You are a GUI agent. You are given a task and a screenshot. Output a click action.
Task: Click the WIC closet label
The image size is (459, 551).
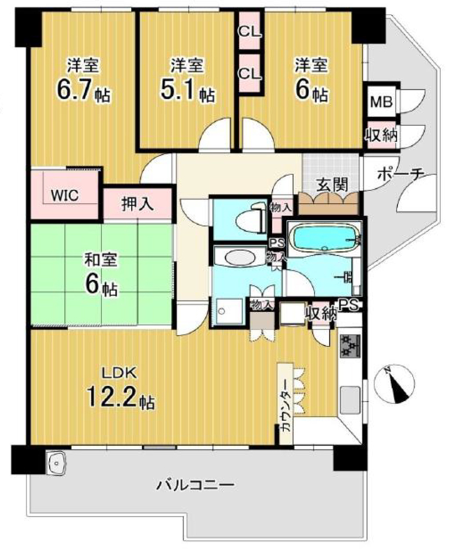pyautogui.click(x=64, y=196)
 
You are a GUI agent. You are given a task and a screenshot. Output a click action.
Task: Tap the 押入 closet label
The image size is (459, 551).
pyautogui.click(x=137, y=204)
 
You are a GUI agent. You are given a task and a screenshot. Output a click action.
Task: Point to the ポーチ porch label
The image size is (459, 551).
pyautogui.click(x=401, y=174)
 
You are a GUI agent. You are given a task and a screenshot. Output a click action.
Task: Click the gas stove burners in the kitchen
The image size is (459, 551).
pyautogui.click(x=350, y=346)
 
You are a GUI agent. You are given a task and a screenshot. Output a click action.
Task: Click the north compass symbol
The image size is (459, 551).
pyautogui.click(x=395, y=383)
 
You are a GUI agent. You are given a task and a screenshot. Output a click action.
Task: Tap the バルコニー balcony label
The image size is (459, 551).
pyautogui.click(x=196, y=486)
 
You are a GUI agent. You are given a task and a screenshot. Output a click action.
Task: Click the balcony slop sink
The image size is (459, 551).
pyautogui.click(x=56, y=463)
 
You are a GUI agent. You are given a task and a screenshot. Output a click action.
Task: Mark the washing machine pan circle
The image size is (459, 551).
pyautogui.click(x=222, y=311)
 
